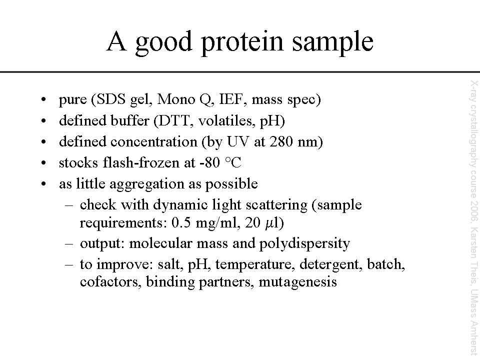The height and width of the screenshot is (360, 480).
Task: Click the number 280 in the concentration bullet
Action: tap(281, 141)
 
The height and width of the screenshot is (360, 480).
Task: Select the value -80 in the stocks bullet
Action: tap(209, 162)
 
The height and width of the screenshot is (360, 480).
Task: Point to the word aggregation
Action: tap(147, 184)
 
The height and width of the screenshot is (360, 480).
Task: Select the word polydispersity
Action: tap(304, 244)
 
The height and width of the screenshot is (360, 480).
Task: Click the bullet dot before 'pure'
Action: tap(44, 99)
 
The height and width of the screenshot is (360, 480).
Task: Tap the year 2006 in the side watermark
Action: tap(474, 209)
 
